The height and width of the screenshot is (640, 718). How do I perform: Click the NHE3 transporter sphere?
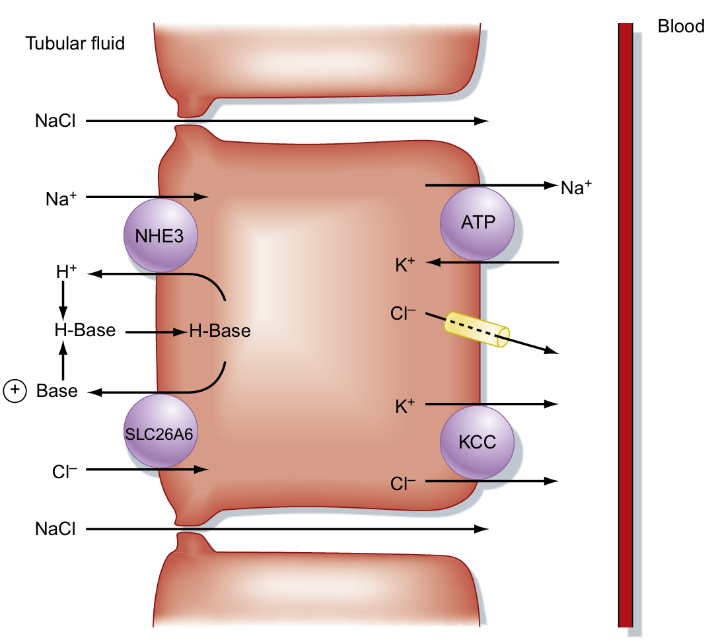(x=161, y=235)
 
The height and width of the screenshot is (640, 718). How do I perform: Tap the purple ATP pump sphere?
(x=477, y=223)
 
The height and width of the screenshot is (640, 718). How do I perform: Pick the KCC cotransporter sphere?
(x=477, y=441)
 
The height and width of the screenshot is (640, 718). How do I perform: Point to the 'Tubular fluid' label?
(x=75, y=44)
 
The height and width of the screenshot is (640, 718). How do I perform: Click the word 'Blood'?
(x=681, y=27)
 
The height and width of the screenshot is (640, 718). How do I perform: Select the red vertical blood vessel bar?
(x=625, y=324)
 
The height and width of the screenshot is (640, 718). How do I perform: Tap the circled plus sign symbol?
(x=15, y=391)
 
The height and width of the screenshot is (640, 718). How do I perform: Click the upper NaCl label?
(x=55, y=122)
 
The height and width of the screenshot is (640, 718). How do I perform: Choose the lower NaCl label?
(x=55, y=529)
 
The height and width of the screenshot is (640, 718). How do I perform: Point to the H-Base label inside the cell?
(x=220, y=331)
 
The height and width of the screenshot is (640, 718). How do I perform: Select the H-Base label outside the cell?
(x=85, y=330)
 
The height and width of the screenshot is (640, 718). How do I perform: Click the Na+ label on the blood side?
(x=575, y=188)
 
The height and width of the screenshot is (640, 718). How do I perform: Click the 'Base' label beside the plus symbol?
(x=57, y=391)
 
